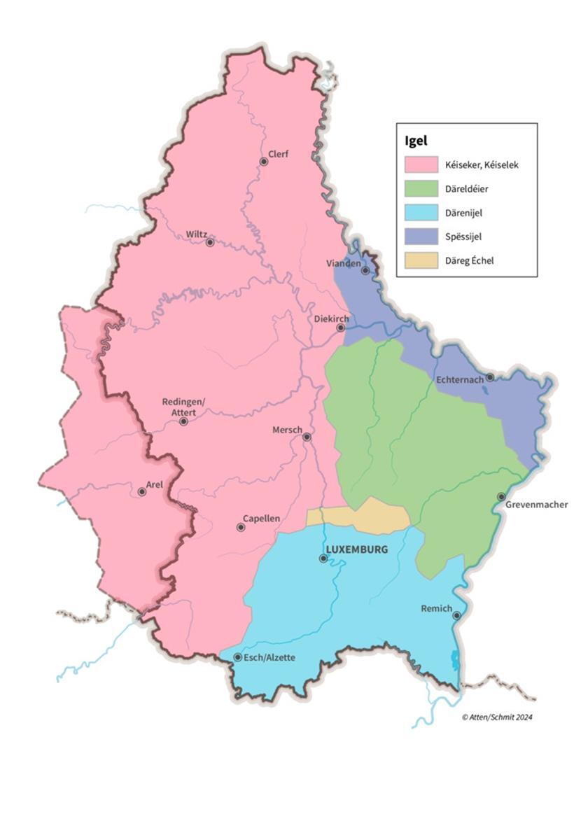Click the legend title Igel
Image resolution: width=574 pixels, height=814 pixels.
point(416,141)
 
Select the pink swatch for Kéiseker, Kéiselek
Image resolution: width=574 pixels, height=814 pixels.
point(421,165)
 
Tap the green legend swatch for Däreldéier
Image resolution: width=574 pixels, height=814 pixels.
point(421,189)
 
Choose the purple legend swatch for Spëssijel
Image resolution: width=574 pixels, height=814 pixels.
point(421,237)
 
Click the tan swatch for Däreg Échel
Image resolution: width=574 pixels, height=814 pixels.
point(421,261)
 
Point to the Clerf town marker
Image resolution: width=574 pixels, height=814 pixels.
point(264,162)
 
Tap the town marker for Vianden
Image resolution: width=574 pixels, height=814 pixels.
point(365,270)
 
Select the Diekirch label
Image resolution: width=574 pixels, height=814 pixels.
point(331,318)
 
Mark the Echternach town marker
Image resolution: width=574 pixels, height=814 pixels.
point(490,377)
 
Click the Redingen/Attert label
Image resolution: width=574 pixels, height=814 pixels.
point(184,407)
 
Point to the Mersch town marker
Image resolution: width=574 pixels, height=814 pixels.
point(307,437)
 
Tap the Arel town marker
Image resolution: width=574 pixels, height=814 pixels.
point(142,492)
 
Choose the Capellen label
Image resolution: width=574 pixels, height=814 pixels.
point(261,519)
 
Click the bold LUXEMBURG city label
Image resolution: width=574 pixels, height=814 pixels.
point(357,549)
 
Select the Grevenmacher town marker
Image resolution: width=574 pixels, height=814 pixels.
point(501,497)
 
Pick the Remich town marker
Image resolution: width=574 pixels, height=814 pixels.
point(456,616)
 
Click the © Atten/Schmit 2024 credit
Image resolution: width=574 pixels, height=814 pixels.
point(497,717)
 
